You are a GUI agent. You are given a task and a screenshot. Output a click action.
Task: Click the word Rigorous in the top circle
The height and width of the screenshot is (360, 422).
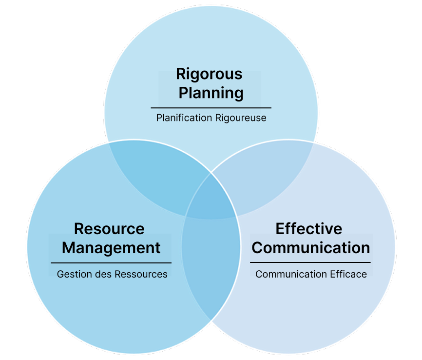click(209, 74)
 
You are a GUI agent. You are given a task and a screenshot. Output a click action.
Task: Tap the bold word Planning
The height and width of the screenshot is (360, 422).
click(211, 93)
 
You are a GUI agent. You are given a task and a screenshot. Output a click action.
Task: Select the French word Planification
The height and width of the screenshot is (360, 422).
click(184, 118)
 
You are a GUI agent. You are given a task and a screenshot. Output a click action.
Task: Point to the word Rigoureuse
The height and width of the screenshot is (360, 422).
click(240, 118)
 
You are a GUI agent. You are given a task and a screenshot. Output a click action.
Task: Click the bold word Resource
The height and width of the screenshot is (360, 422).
click(109, 229)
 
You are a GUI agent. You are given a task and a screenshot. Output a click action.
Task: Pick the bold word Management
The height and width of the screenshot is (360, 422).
click(111, 248)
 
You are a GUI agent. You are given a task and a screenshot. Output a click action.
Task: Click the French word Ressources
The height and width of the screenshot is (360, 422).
click(141, 274)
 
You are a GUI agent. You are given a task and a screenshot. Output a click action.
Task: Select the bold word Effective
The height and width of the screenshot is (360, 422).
click(309, 229)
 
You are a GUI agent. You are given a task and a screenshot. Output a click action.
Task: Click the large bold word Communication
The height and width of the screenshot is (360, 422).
click(311, 248)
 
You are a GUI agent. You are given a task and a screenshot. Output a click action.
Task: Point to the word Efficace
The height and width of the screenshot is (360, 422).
click(348, 274)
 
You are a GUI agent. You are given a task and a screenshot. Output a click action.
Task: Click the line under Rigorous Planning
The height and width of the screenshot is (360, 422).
click(211, 107)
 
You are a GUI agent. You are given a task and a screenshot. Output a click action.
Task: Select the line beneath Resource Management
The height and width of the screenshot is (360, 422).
click(111, 263)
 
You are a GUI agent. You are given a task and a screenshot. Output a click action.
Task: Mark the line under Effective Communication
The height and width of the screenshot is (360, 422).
click(310, 262)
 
